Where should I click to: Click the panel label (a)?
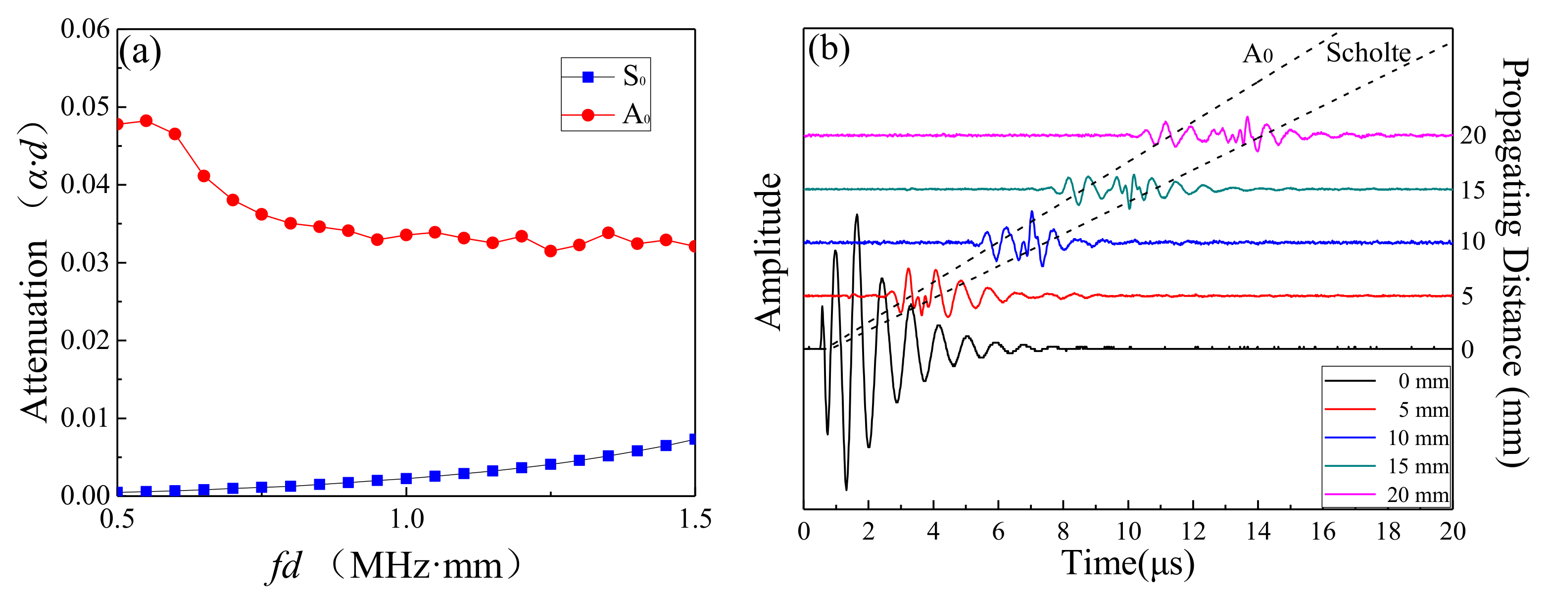pos(140,52)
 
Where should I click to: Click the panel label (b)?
pos(828,50)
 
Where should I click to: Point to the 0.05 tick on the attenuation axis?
pos(86,106)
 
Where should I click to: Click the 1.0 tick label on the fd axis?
pos(407,519)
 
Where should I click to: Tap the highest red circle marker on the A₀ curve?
pos(145,120)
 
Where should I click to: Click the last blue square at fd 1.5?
pos(694,439)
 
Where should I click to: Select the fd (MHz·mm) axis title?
pos(394,565)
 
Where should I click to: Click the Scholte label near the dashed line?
pos(1368,53)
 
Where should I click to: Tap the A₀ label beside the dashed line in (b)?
pos(1257,54)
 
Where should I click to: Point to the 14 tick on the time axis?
pos(1258,532)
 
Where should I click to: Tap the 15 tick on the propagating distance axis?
pos(1472,190)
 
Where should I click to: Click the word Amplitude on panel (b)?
pos(769,251)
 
